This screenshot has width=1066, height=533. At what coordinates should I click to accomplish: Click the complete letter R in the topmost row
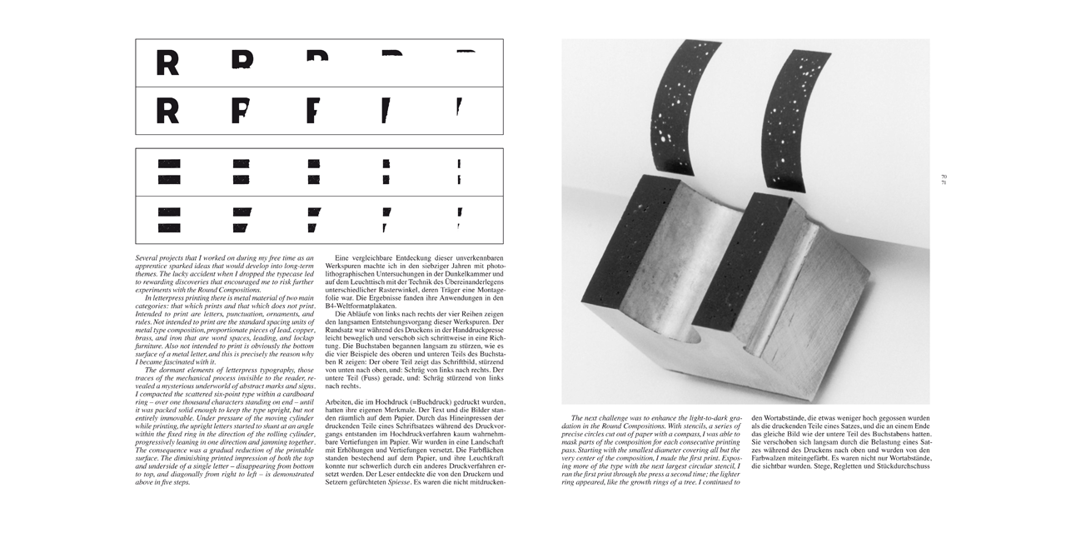(167, 62)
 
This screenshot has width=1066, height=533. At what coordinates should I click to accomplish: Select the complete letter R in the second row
(167, 110)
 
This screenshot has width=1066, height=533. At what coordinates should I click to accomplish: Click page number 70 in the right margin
(944, 177)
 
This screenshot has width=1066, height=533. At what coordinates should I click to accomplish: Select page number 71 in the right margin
(944, 182)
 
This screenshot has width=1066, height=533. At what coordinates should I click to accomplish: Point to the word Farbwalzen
(773, 456)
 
